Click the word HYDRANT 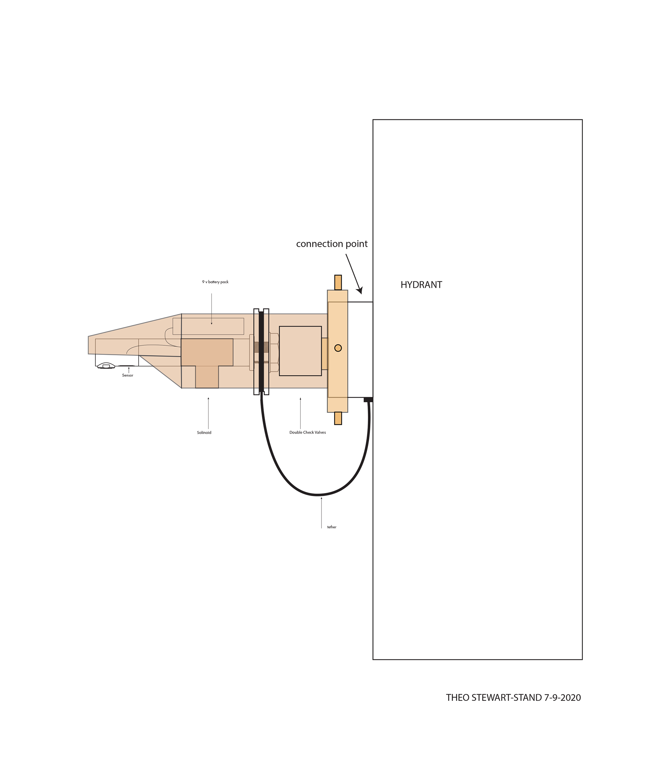point(421,285)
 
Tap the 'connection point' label point(332,244)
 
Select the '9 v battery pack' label point(215,282)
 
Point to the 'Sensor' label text point(127,375)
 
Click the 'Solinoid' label point(204,432)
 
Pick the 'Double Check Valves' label point(307,432)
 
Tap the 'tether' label point(332,527)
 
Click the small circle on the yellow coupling point(338,348)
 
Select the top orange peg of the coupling point(338,282)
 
